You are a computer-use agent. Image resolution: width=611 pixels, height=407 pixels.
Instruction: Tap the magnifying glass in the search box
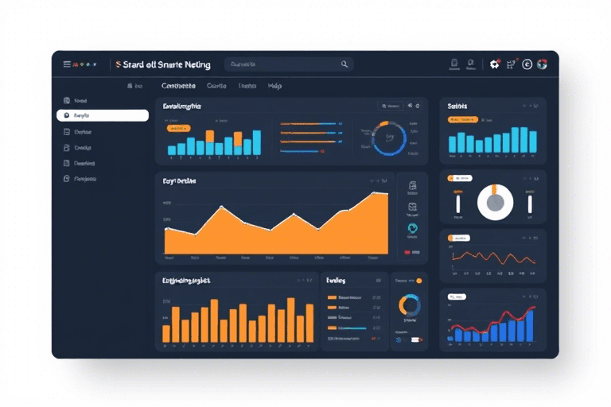tap(344, 64)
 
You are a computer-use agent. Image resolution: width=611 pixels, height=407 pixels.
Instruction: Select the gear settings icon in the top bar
tap(494, 64)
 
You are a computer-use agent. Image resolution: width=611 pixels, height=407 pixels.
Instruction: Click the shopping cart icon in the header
tap(510, 64)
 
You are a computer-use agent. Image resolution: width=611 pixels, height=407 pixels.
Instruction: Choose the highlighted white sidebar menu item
tap(103, 115)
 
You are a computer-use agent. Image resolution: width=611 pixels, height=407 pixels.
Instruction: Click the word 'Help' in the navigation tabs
tap(274, 86)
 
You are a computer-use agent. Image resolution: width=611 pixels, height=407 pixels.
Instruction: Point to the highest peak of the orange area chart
tap(384, 193)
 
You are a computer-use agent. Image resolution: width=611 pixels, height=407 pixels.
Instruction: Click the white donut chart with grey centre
tap(495, 202)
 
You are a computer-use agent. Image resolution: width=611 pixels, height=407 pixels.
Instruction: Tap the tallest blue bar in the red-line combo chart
tap(529, 325)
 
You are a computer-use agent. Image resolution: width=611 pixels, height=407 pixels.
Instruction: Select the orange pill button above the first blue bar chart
tap(177, 127)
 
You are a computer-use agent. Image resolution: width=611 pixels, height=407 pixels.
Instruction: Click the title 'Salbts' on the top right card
tap(457, 106)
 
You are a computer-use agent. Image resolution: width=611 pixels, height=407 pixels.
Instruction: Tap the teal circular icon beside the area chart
tap(412, 227)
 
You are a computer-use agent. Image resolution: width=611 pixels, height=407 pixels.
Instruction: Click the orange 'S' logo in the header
tap(118, 64)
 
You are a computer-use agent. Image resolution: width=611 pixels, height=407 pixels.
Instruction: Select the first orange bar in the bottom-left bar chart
tap(166, 333)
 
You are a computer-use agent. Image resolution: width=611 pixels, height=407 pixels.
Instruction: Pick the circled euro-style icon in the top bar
tap(527, 64)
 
